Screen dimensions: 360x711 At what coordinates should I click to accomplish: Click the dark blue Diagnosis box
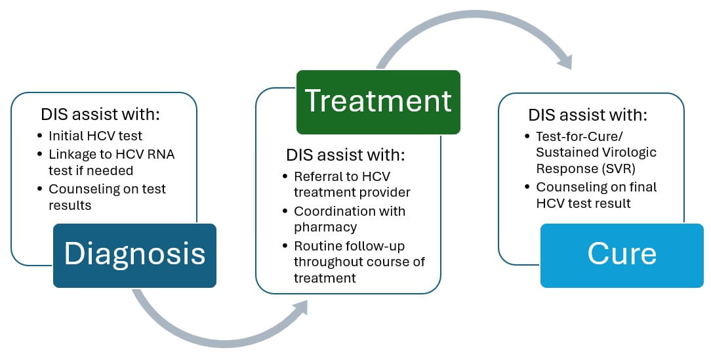click(134, 255)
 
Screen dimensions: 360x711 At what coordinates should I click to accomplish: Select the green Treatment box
click(378, 102)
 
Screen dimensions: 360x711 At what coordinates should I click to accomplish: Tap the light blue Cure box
click(621, 255)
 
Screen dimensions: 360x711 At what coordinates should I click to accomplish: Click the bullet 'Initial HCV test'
click(95, 136)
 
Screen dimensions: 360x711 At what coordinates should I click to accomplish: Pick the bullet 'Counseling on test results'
click(107, 197)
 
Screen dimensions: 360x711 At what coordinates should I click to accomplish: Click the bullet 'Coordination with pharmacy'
click(350, 219)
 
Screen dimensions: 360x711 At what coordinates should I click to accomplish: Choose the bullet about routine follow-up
click(359, 262)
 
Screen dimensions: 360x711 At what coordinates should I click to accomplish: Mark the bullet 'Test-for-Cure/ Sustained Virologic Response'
click(596, 152)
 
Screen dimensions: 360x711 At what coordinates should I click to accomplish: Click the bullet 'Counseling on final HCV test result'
click(596, 195)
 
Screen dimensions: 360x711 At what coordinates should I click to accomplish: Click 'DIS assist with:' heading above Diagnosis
click(100, 115)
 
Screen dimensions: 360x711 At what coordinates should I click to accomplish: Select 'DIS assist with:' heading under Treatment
click(346, 155)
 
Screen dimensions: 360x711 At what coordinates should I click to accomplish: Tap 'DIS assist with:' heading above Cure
click(588, 115)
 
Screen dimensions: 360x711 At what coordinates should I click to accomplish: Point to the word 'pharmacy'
click(325, 227)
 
